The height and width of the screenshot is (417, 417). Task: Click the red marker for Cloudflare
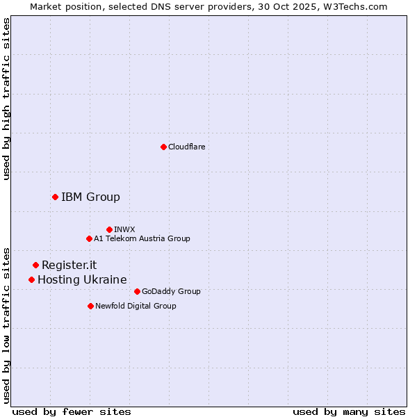coord(163,147)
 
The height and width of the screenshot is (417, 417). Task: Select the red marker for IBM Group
coord(55,197)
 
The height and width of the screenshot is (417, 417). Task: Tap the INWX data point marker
coord(109,229)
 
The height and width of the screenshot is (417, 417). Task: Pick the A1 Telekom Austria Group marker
coord(89,239)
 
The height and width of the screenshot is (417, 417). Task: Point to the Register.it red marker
coord(35,265)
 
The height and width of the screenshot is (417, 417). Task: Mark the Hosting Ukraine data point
coord(31,280)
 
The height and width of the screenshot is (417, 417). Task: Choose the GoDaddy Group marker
coord(137,292)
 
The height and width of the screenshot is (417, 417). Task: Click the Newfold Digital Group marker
coord(90,306)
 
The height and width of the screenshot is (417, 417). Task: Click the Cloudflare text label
coord(186,147)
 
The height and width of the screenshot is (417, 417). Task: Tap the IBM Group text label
coord(90,197)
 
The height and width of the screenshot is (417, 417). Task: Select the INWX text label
coord(124,229)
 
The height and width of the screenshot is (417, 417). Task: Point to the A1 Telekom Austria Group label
coord(142,239)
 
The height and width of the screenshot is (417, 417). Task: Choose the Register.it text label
coord(69,265)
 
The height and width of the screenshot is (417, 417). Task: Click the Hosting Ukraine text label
coord(82,280)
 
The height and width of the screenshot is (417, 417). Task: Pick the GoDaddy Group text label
coord(171,292)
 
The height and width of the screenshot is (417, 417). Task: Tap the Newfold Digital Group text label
coord(136,306)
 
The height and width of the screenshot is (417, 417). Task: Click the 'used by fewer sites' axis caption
coord(72,411)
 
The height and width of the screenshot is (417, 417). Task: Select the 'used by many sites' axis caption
coord(349,411)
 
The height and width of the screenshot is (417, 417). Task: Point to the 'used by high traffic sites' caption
coord(7,99)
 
